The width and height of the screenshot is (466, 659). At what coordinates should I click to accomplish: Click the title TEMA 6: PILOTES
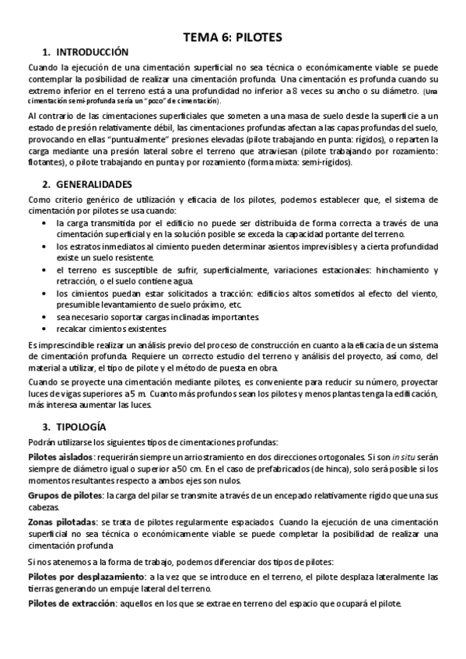(x=233, y=37)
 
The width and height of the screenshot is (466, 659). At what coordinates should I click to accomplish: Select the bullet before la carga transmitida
(x=43, y=222)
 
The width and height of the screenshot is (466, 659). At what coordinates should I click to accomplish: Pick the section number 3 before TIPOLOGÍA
(x=47, y=427)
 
